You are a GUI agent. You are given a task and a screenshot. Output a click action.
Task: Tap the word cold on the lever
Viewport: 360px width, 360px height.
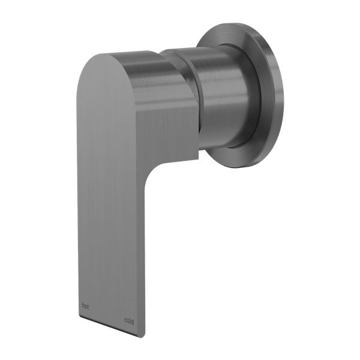(129, 320)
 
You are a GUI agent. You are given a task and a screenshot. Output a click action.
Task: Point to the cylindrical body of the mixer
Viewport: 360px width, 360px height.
(222, 96)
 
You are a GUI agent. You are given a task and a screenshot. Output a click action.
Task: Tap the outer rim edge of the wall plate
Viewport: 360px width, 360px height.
(282, 96)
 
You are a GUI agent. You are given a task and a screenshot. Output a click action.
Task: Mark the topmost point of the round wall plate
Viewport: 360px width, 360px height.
(237, 23)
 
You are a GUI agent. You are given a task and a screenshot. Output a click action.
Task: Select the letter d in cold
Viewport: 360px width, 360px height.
(133, 320)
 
